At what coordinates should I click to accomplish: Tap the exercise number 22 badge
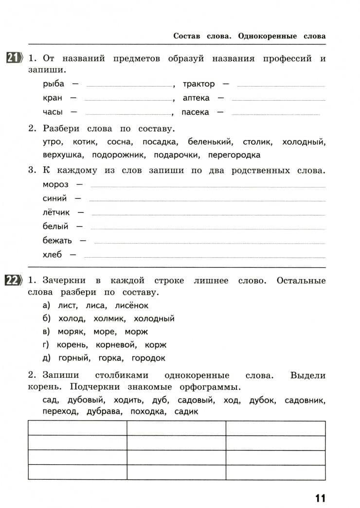pyautogui.click(x=13, y=281)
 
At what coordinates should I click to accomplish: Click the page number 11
pyautogui.click(x=320, y=498)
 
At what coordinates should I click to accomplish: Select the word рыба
pyautogui.click(x=54, y=84)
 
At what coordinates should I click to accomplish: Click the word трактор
pyautogui.click(x=198, y=84)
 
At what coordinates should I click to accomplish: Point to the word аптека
pyautogui.click(x=196, y=98)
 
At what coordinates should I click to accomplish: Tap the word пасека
pyautogui.click(x=195, y=112)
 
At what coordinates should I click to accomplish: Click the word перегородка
pyautogui.click(x=234, y=156)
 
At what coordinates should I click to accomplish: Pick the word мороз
pyautogui.click(x=56, y=185)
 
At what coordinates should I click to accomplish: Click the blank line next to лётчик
pyautogui.click(x=208, y=214)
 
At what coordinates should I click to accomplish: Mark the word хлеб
pyautogui.click(x=53, y=254)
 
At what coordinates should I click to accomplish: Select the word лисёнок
pyautogui.click(x=131, y=306)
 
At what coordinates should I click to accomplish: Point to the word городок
pyautogui.click(x=148, y=358)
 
